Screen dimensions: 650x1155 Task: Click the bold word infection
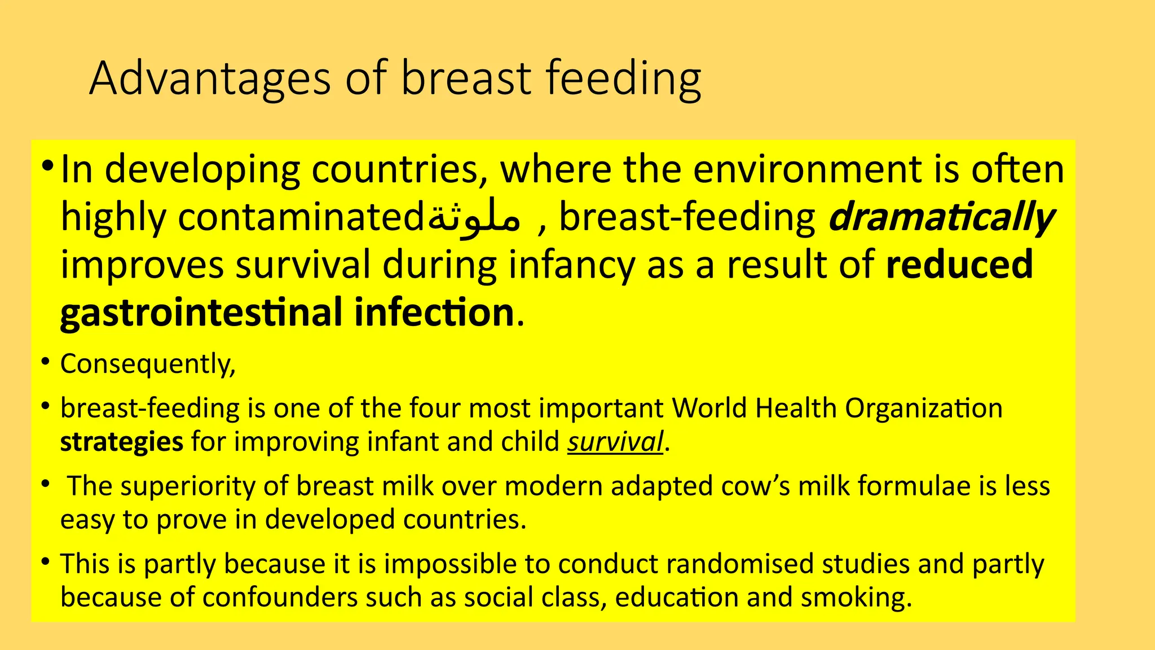coord(434,313)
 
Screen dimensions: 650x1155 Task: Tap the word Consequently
coord(147,364)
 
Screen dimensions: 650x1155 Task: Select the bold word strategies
coord(121,442)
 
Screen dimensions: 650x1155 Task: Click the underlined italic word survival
coord(615,442)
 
